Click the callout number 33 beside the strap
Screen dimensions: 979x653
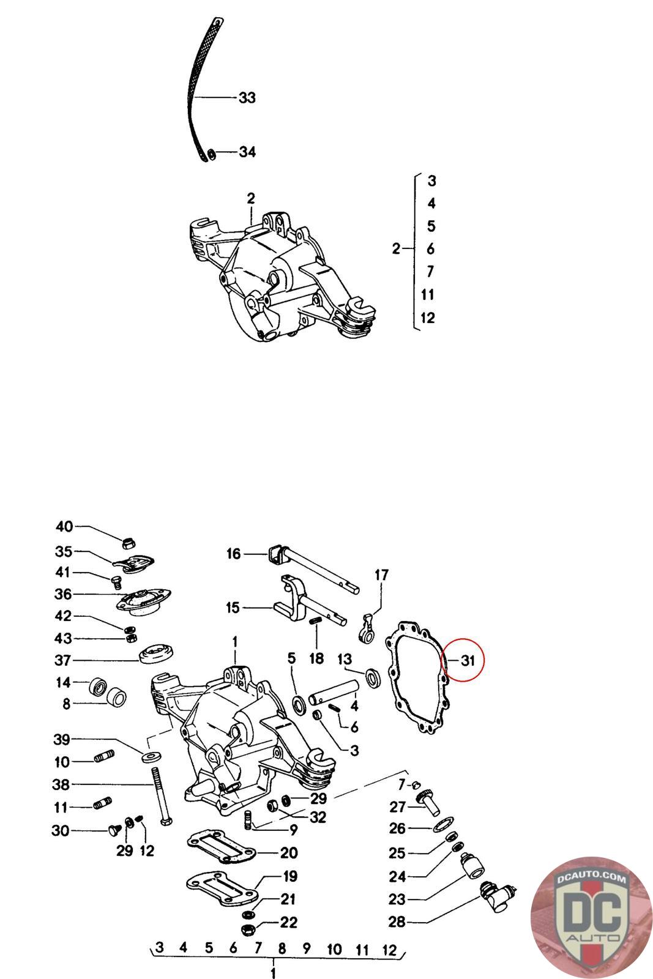click(x=247, y=97)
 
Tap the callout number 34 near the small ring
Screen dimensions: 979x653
click(x=247, y=152)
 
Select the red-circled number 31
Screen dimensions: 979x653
click(x=468, y=660)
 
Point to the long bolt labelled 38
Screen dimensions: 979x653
click(x=159, y=795)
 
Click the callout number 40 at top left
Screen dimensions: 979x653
click(x=64, y=527)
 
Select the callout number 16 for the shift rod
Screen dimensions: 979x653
click(x=234, y=554)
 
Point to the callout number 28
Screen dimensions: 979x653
click(x=397, y=921)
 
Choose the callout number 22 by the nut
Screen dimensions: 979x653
click(x=289, y=922)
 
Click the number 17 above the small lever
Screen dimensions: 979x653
click(x=381, y=575)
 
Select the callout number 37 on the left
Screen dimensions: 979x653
click(x=63, y=660)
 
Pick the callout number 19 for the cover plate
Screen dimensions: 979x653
click(x=289, y=876)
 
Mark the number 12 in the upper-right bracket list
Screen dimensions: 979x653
click(x=428, y=318)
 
